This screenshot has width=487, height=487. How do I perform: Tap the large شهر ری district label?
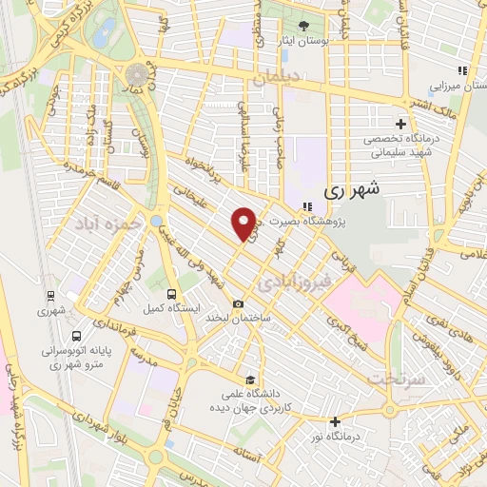[352, 188]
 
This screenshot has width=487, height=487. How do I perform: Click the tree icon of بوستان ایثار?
[303, 26]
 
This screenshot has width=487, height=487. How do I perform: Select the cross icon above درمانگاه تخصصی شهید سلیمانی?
[400, 124]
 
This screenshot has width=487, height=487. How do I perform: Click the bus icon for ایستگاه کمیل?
[171, 294]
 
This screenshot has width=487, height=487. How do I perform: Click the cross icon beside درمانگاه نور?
[335, 421]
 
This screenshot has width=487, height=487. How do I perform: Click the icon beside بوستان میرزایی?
[463, 70]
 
